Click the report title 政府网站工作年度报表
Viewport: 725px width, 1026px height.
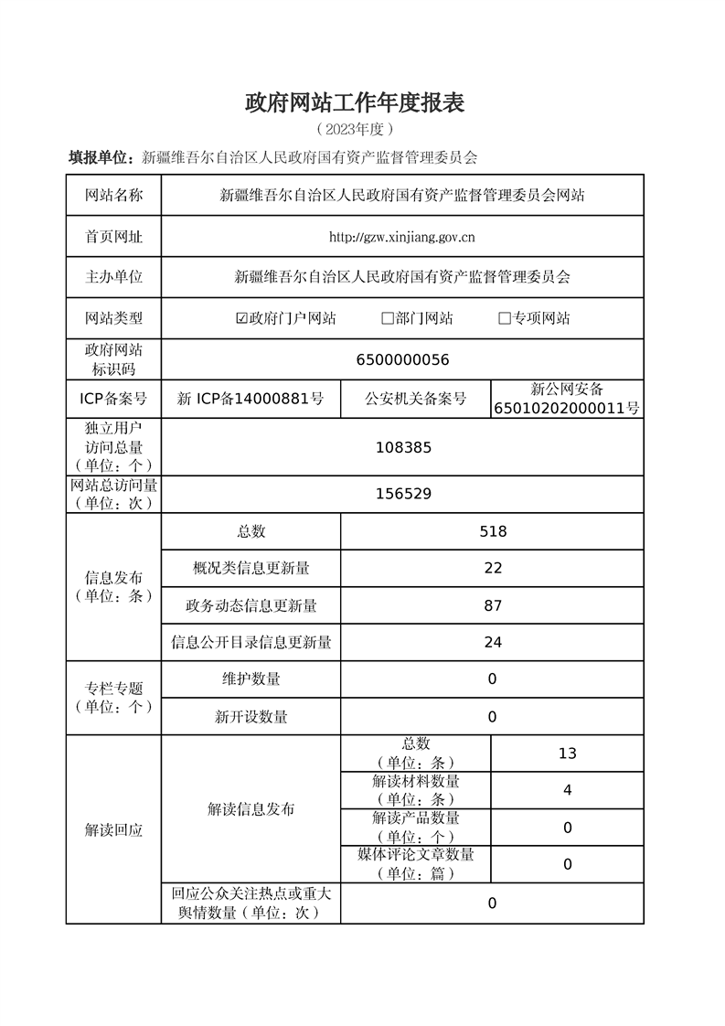[355, 103]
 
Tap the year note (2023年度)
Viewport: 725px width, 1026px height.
[355, 129]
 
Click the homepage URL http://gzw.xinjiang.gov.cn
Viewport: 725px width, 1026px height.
[402, 237]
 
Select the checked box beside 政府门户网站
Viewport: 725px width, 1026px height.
[241, 318]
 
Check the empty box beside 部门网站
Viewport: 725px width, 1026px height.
[388, 318]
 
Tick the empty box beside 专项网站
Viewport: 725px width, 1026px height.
[504, 318]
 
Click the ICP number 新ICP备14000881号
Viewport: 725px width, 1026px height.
[251, 399]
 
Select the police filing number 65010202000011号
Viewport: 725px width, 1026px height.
[567, 408]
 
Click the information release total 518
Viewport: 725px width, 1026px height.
[493, 531]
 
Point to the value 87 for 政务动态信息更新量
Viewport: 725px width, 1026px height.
[493, 605]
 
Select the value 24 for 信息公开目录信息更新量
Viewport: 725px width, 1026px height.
[493, 642]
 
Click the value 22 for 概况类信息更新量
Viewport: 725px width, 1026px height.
[493, 568]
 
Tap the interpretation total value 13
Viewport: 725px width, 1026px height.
[567, 753]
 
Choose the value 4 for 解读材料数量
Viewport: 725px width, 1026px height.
[567, 790]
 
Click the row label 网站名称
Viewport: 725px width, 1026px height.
[114, 195]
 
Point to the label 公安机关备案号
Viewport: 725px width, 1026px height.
[415, 399]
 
